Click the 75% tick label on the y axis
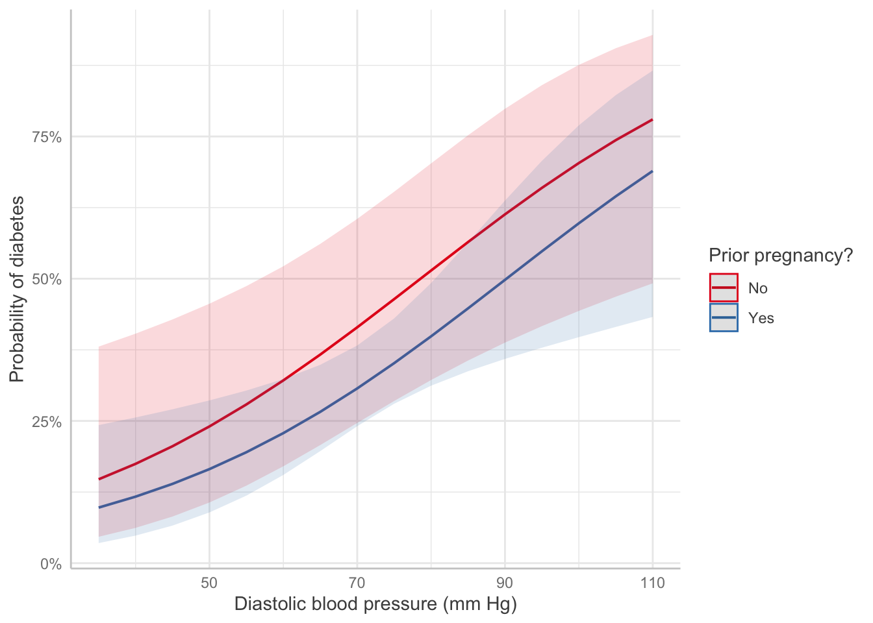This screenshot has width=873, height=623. (x=46, y=137)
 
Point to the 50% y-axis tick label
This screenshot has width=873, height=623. (x=46, y=279)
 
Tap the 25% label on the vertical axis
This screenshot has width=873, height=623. (x=46, y=422)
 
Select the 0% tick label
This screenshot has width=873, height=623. (x=51, y=564)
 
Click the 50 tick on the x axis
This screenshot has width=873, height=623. (x=209, y=583)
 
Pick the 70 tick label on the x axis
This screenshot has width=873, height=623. (x=357, y=583)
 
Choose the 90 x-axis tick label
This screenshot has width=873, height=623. (x=505, y=583)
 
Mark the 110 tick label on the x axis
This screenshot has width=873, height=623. (x=652, y=583)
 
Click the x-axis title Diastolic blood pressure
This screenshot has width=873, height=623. (x=375, y=604)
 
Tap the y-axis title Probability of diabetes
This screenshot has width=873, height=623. (x=17, y=289)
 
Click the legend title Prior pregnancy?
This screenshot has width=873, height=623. (x=780, y=256)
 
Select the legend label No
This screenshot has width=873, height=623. (x=757, y=288)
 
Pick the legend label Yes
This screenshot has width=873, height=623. (x=761, y=318)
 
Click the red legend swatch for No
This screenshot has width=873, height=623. (x=724, y=287)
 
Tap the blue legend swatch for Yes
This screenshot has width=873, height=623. (x=724, y=317)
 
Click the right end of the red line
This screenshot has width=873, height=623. (x=652, y=120)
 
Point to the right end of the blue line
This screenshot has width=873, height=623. (x=652, y=171)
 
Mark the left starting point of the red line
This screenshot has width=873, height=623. (x=99, y=479)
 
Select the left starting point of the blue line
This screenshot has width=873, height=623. (x=99, y=507)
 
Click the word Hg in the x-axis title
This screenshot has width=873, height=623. (x=500, y=604)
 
